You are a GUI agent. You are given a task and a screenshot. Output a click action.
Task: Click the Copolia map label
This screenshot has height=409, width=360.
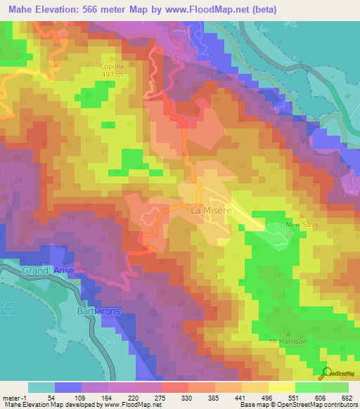[112, 67]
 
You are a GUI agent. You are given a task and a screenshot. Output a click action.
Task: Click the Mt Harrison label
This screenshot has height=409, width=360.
[289, 342]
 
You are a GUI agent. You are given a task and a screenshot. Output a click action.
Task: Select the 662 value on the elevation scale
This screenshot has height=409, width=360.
[345, 398]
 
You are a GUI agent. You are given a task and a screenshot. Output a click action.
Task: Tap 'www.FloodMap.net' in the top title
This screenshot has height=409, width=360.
[213, 10]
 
